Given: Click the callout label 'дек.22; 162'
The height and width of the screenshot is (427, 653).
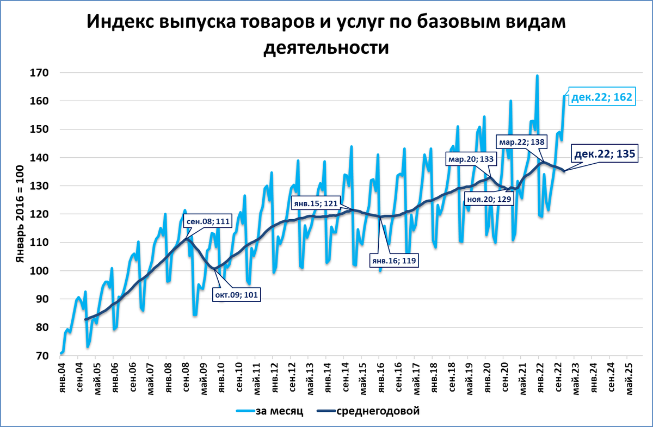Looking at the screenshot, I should point(602,98).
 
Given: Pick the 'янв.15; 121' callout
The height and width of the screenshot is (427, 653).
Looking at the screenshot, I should point(315,203).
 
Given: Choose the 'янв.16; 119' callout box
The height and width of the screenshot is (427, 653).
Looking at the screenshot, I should point(394,261).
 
